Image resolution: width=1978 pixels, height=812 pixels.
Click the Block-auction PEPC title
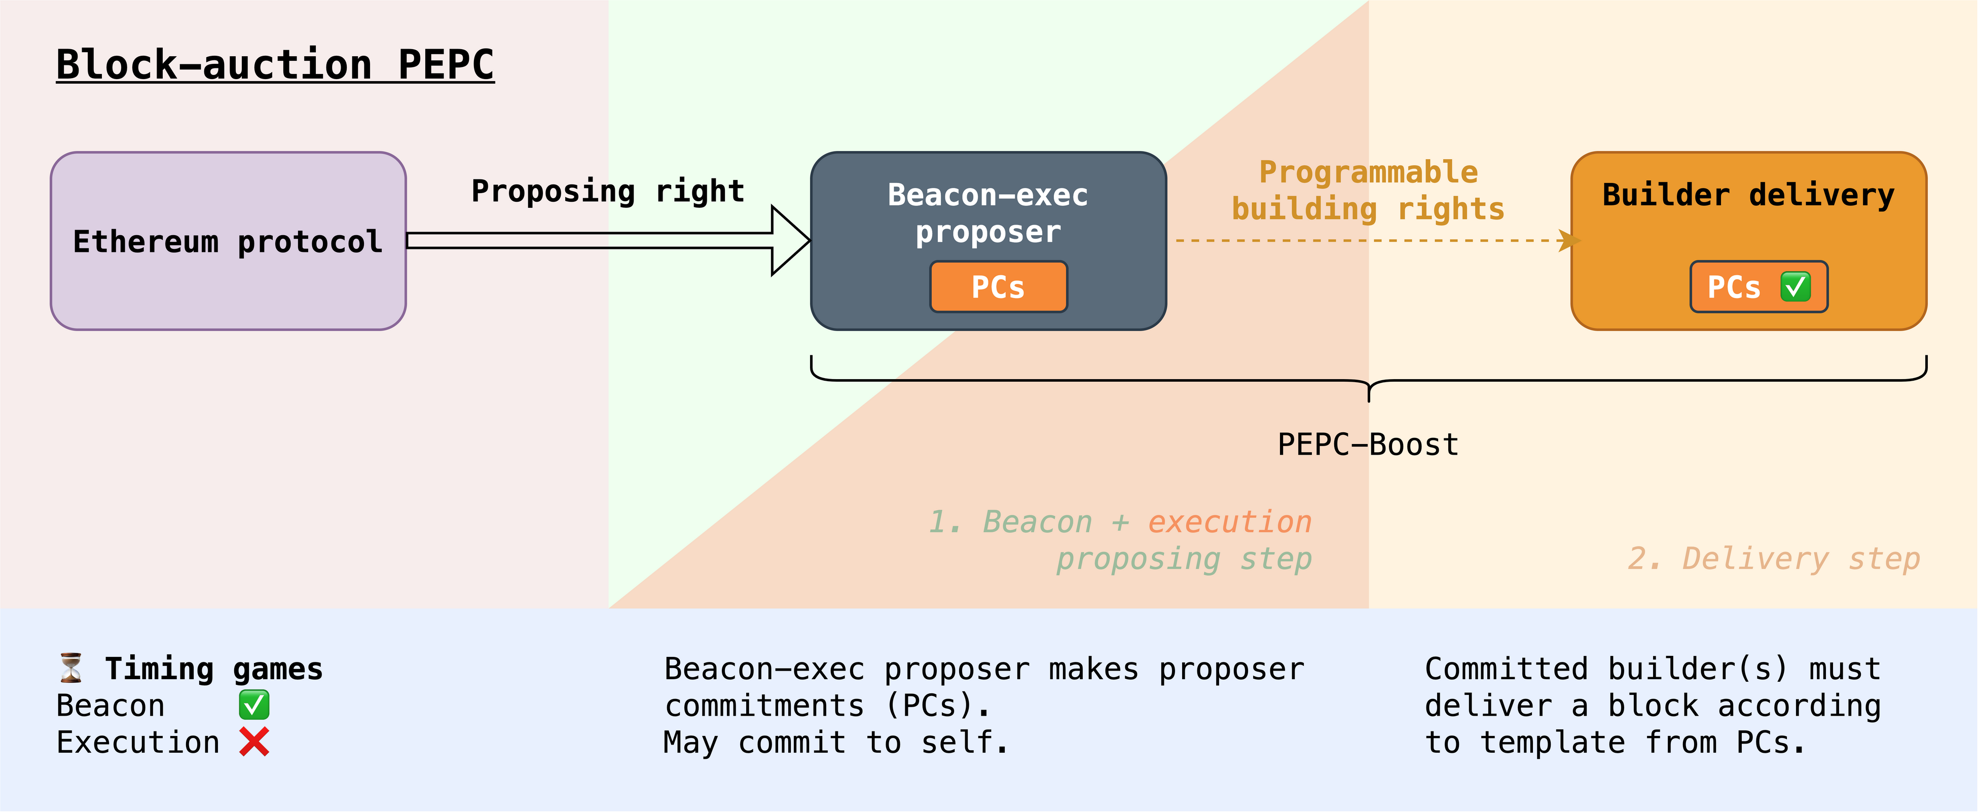(x=275, y=64)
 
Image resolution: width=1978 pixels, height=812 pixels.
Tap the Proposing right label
(x=607, y=191)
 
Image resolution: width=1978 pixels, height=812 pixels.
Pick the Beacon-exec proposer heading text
(x=987, y=213)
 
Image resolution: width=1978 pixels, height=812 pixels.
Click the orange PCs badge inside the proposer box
(x=998, y=287)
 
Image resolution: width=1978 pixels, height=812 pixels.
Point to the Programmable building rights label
(x=1368, y=191)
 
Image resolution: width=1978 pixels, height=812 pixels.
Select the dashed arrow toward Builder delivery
(x=1367, y=240)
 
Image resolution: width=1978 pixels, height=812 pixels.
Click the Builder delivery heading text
(x=1748, y=195)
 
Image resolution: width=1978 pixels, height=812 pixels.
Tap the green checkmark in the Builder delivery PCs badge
(x=1795, y=287)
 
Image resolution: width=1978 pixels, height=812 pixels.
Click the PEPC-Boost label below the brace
(x=1368, y=445)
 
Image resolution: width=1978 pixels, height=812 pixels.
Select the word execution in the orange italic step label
(x=1229, y=522)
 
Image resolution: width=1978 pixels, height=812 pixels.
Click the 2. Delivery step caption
(x=1774, y=559)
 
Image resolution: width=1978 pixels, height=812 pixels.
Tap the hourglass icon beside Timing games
(x=71, y=668)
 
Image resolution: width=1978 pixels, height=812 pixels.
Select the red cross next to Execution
(x=254, y=742)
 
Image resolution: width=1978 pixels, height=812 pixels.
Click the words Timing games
(x=213, y=669)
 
